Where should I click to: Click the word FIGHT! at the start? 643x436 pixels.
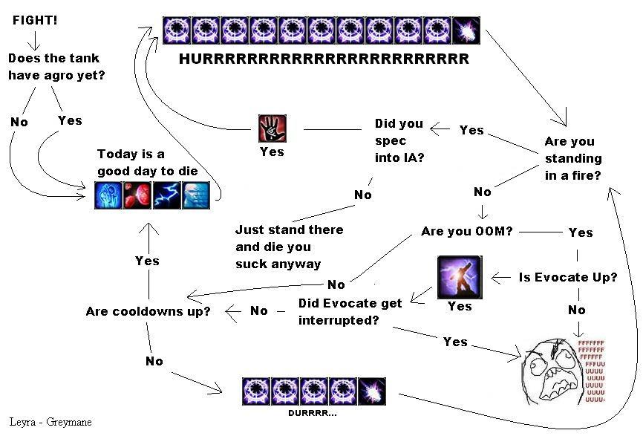coord(35,19)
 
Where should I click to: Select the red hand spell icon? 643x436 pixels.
coord(271,128)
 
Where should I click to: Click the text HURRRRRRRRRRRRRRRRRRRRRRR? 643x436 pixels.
coord(324,59)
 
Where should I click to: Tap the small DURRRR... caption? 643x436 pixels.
coord(312,412)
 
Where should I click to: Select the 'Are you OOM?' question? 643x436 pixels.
coord(466,231)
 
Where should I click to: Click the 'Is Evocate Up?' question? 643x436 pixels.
coord(568,277)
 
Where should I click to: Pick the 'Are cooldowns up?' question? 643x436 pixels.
coord(148,311)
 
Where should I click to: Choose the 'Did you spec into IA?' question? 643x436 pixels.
coord(399,140)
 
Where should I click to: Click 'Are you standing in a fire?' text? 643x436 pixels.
coord(573,158)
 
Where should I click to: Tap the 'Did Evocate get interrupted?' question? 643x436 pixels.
coord(350,311)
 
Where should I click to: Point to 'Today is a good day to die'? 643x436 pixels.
coord(148,162)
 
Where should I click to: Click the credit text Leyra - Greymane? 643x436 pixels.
coord(50,422)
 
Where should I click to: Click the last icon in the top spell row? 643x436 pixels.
coord(466,30)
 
